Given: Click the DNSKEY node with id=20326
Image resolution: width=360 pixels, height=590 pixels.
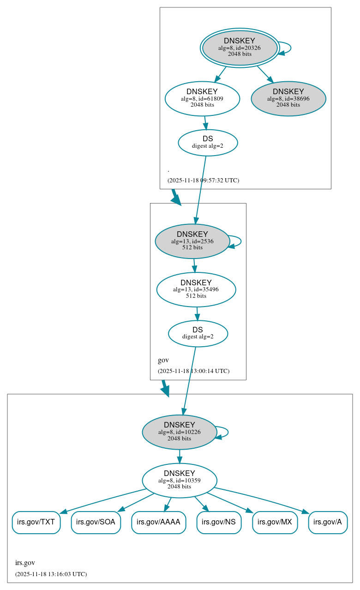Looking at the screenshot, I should (x=240, y=48).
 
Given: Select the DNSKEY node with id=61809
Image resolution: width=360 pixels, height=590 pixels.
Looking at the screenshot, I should (x=202, y=98).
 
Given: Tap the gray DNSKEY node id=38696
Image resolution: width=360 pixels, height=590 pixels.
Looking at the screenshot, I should (x=288, y=98).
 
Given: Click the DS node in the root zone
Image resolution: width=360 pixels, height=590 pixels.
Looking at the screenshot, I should (x=208, y=143).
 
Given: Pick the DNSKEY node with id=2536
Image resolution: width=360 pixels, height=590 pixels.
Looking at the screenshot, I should (x=192, y=241).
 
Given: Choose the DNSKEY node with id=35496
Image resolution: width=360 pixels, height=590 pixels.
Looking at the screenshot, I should (x=196, y=289).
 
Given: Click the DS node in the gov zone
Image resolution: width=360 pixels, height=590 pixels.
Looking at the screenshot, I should (x=198, y=333).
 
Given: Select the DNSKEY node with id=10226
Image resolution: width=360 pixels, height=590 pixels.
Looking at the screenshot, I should (x=179, y=432).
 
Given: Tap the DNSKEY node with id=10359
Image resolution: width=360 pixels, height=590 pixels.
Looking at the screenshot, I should (x=179, y=481).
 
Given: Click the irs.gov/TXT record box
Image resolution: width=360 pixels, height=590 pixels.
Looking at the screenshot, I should (x=36, y=523).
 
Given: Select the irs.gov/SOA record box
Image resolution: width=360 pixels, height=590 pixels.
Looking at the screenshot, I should (x=96, y=523).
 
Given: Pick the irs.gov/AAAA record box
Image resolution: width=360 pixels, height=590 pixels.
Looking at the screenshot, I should (x=159, y=523).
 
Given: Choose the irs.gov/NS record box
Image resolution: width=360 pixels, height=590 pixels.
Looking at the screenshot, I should (x=219, y=523).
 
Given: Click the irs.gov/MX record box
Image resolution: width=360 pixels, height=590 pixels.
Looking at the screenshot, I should (x=275, y=523).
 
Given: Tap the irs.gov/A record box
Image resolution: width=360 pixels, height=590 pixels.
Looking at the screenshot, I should (x=328, y=523).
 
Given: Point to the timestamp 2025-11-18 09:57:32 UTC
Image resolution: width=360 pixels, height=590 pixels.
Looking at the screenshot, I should (x=203, y=181).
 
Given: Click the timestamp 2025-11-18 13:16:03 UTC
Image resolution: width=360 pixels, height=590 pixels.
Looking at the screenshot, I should (x=51, y=574).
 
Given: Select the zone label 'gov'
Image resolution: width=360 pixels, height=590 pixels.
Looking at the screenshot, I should (x=163, y=361).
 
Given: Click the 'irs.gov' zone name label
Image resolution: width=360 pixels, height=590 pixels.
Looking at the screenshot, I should (x=25, y=563).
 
